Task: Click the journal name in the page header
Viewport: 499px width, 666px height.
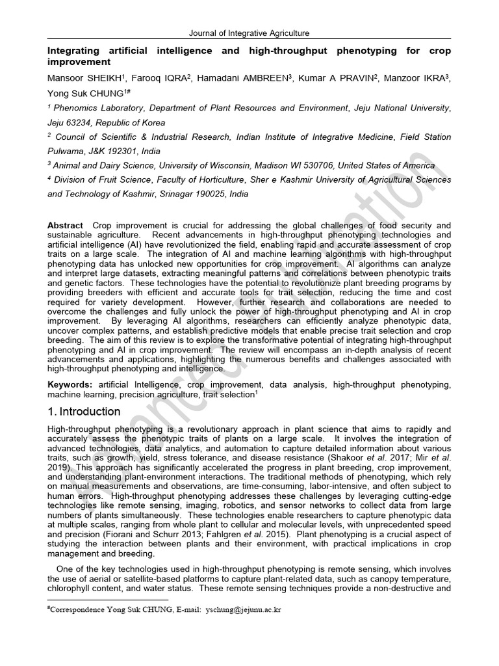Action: point(249,33)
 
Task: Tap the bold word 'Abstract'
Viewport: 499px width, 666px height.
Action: point(65,225)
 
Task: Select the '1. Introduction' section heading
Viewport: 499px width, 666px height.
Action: point(84,412)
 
